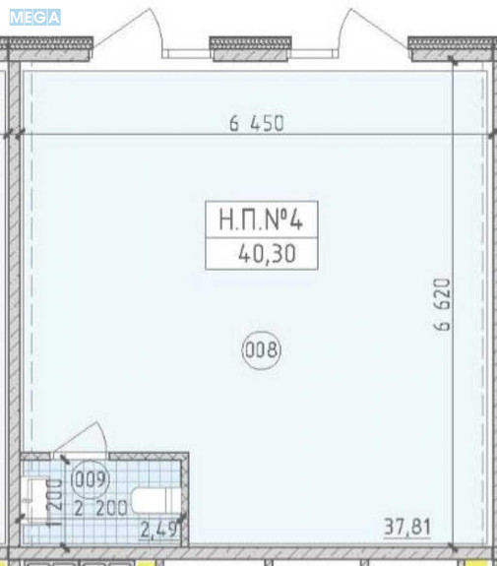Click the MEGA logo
pyautogui.click(x=35, y=18)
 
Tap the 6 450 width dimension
pyautogui.click(x=257, y=123)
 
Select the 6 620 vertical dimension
pyautogui.click(x=442, y=304)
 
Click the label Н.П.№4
pyautogui.click(x=261, y=220)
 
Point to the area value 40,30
pyautogui.click(x=267, y=254)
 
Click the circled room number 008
pyautogui.click(x=262, y=350)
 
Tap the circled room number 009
pyautogui.click(x=91, y=479)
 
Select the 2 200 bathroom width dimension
pyautogui.click(x=100, y=508)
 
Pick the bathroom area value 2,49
pyautogui.click(x=158, y=530)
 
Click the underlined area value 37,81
pyautogui.click(x=407, y=527)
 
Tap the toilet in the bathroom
pyautogui.click(x=155, y=500)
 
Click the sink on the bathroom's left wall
pyautogui.click(x=37, y=500)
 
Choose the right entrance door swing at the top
pyautogui.click(x=372, y=28)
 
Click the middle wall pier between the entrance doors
pyautogui.click(x=251, y=49)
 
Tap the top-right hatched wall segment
pyautogui.click(x=452, y=49)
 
